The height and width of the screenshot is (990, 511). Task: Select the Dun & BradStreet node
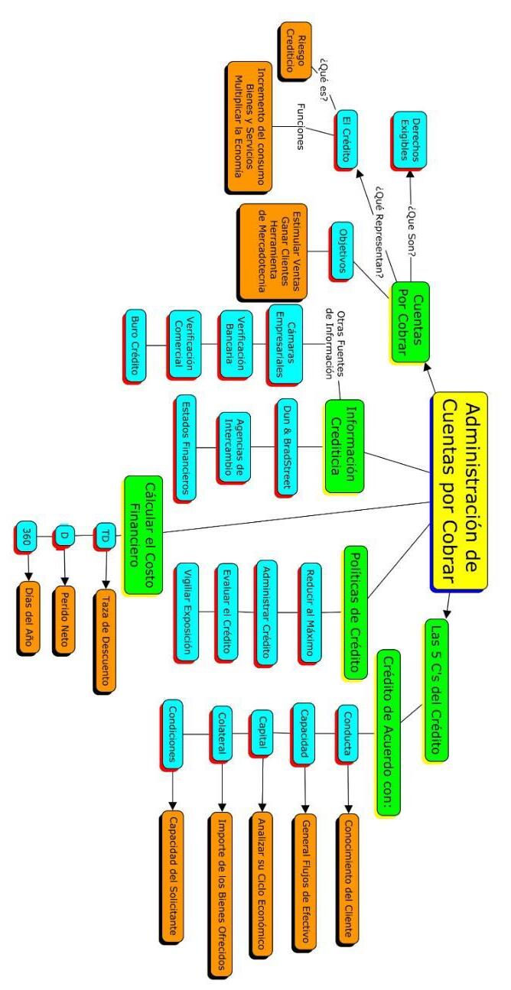tap(285, 447)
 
